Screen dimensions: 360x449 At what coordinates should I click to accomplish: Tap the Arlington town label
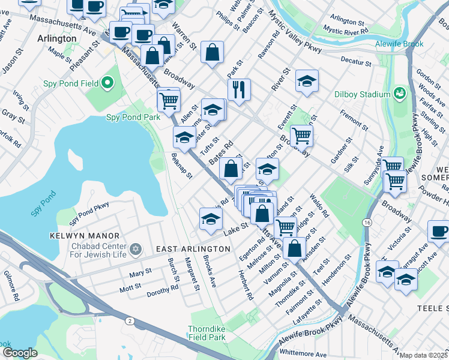[x=56, y=38]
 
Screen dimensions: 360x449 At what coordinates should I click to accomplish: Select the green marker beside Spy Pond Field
[x=107, y=82]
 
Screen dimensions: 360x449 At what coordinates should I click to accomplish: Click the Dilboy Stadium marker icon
[x=399, y=94]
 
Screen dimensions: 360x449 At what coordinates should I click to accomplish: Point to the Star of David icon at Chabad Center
[x=136, y=248]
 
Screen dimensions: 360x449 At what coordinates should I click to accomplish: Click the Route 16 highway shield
[x=366, y=222]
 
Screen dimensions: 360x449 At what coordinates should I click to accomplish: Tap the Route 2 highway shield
[x=129, y=322]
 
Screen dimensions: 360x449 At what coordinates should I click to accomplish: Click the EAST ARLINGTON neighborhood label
[x=185, y=248]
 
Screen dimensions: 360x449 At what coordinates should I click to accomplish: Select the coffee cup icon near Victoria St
[x=438, y=230]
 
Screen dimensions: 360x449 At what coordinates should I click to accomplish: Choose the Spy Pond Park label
[x=133, y=118]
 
